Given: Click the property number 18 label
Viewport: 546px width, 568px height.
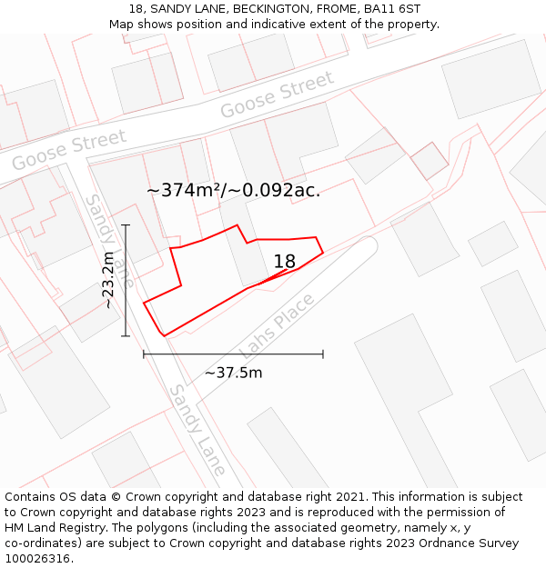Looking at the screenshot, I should (x=285, y=262).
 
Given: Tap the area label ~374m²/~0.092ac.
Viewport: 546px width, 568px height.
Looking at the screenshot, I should (x=233, y=190).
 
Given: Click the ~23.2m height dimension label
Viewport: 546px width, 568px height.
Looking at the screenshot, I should (x=109, y=281).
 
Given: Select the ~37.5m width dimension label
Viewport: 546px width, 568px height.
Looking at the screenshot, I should (x=233, y=373).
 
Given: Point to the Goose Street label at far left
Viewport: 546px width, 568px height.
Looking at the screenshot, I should (x=69, y=150).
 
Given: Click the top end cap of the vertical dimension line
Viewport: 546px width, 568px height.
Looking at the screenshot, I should (x=126, y=224).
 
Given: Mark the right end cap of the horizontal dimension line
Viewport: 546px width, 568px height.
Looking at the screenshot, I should (x=323, y=354).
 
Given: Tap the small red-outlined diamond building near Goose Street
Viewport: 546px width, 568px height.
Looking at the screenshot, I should (x=430, y=161).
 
